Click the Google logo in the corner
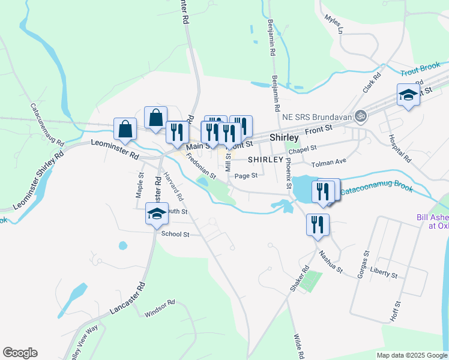pos(20,353)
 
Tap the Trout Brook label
pos(418,71)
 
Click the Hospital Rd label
pos(398,149)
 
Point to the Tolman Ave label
pos(329,163)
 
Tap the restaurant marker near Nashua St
pos(317,225)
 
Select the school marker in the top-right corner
pos(408,95)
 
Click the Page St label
pos(246,176)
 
